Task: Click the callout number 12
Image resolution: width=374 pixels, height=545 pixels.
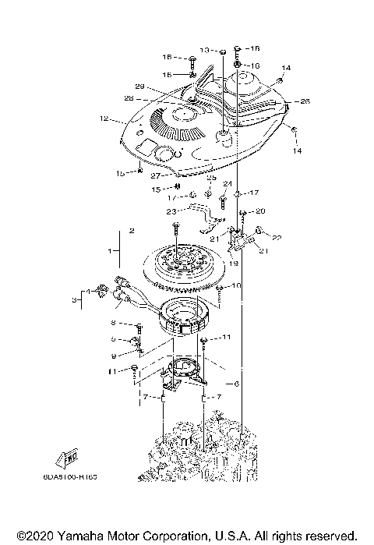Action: [x=101, y=119]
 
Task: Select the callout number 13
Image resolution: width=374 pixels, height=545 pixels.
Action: [x=205, y=50]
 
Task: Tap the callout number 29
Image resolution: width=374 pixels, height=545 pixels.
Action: [x=140, y=86]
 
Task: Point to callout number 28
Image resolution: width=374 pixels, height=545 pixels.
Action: [x=129, y=98]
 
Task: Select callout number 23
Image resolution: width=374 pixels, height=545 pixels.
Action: [x=171, y=211]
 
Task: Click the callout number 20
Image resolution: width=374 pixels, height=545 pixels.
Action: [x=260, y=211]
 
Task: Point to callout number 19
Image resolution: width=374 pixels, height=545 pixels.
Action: [x=233, y=264]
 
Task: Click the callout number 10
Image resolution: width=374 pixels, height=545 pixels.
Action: [x=236, y=286]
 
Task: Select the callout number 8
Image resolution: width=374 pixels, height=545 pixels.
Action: [x=114, y=322]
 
